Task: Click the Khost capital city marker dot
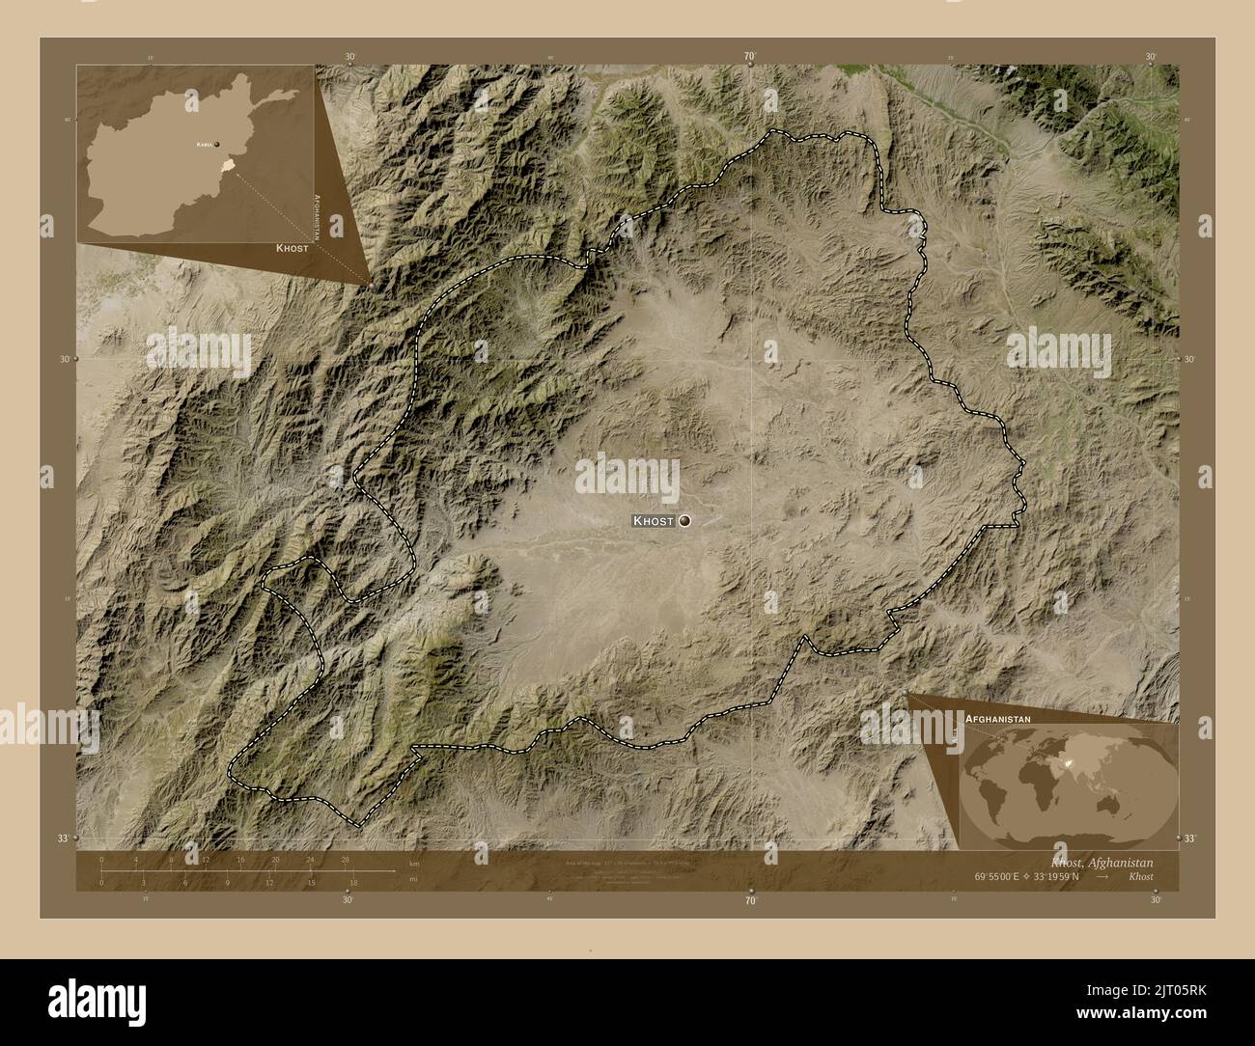pyautogui.click(x=685, y=521)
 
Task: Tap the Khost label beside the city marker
pyautogui.click(x=654, y=521)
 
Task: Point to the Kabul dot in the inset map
pyautogui.click(x=217, y=144)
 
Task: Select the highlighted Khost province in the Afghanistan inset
pyautogui.click(x=227, y=167)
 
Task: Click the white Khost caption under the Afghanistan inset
pyautogui.click(x=292, y=248)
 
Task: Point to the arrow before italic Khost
pyautogui.click(x=1117, y=876)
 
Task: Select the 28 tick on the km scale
pyautogui.click(x=345, y=859)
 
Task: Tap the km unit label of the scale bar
pyautogui.click(x=414, y=863)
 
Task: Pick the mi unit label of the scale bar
pyautogui.click(x=413, y=881)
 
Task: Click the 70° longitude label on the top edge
pyautogui.click(x=750, y=57)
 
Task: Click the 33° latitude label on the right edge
pyautogui.click(x=1189, y=840)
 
